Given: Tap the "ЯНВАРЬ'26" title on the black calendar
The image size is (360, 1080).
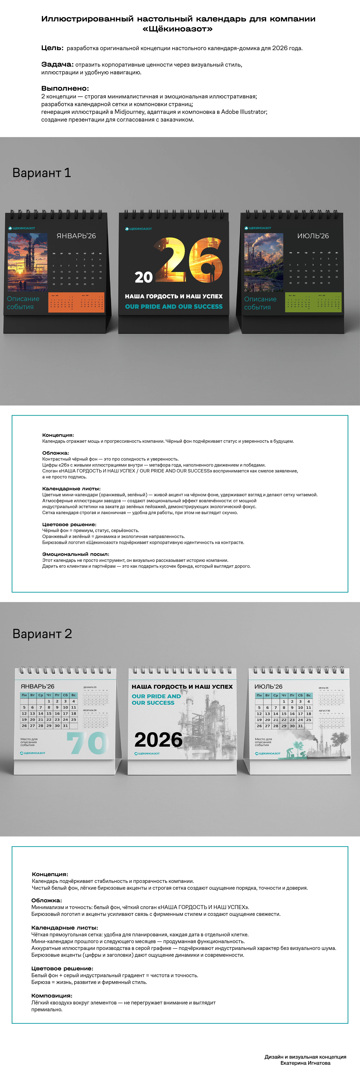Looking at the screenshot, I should click(76, 236).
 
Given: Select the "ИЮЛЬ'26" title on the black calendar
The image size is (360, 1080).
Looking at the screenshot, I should click(313, 236).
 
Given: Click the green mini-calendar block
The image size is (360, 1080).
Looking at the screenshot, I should click(313, 302).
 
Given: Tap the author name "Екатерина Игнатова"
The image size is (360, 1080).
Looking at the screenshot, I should click(305, 1063).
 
